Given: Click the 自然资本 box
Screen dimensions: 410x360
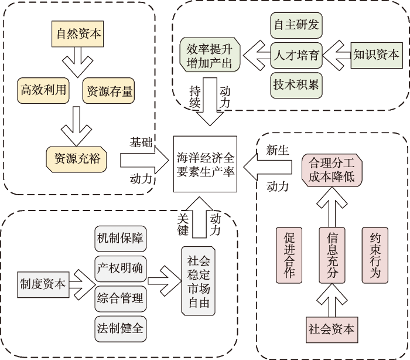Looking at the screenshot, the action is [78, 34].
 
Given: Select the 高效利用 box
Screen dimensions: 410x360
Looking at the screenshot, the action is [43, 90].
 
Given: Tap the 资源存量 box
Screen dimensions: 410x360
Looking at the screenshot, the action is [108, 90].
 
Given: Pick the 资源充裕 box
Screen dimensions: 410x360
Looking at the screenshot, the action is [77, 159].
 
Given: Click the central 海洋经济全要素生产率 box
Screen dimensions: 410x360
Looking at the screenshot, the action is [205, 164].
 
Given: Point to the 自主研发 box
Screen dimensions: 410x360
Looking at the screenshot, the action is [296, 25].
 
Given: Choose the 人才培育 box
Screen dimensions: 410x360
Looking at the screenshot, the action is [296, 55].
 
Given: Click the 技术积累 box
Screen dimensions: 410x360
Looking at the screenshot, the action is [296, 86].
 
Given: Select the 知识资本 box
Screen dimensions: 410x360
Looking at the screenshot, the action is [377, 55].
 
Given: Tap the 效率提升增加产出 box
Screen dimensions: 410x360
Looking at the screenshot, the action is [210, 55].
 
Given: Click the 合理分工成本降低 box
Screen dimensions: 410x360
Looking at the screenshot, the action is [332, 170].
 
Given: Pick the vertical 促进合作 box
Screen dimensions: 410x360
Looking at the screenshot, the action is [289, 255].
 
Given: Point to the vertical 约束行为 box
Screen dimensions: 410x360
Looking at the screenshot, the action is [375, 255].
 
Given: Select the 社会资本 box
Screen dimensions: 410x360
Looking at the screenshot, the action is [332, 330].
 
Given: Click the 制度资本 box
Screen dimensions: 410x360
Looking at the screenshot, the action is [43, 284].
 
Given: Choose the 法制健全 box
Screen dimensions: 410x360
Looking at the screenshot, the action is [121, 329].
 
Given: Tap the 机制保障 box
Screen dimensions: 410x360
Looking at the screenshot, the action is [121, 239].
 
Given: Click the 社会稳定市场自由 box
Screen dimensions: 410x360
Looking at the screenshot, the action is [199, 281].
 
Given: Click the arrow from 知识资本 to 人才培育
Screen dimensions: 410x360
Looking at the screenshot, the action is [337, 55].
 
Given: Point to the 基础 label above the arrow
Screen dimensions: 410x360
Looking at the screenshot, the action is [141, 142].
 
